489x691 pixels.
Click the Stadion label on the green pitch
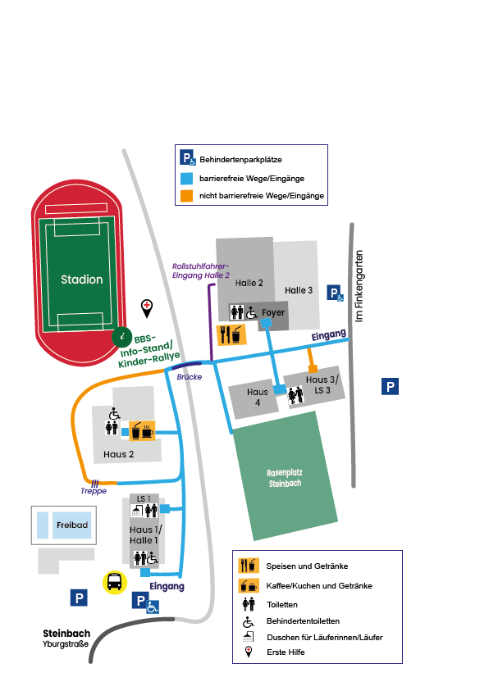pyautogui.click(x=81, y=280)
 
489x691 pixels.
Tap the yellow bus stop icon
pyautogui.click(x=115, y=582)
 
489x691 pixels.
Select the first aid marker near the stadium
pyautogui.click(x=147, y=308)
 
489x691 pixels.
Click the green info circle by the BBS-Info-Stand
pyautogui.click(x=122, y=337)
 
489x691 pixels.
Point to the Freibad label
pyautogui.click(x=72, y=525)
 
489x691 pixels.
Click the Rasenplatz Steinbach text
pyautogui.click(x=285, y=478)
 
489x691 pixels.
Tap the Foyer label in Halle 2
pyautogui.click(x=273, y=312)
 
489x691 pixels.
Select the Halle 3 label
pyautogui.click(x=299, y=290)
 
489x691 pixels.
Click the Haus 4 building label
pyautogui.click(x=258, y=397)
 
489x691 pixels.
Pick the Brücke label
pyautogui.click(x=190, y=377)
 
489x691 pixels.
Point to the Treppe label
pyautogui.click(x=94, y=491)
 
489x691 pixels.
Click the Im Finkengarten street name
pyautogui.click(x=359, y=286)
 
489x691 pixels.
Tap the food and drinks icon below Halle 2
pyautogui.click(x=231, y=334)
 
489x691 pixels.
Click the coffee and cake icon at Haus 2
pyautogui.click(x=142, y=431)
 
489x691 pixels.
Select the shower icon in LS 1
pyautogui.click(x=137, y=511)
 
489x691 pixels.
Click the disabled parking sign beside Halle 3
pyautogui.click(x=335, y=293)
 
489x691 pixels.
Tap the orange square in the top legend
pyautogui.click(x=186, y=196)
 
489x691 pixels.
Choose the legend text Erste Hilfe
pyautogui.click(x=286, y=652)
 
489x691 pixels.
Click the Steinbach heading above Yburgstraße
pyautogui.click(x=66, y=634)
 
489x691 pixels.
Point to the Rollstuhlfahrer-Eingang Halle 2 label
pyautogui.click(x=201, y=271)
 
